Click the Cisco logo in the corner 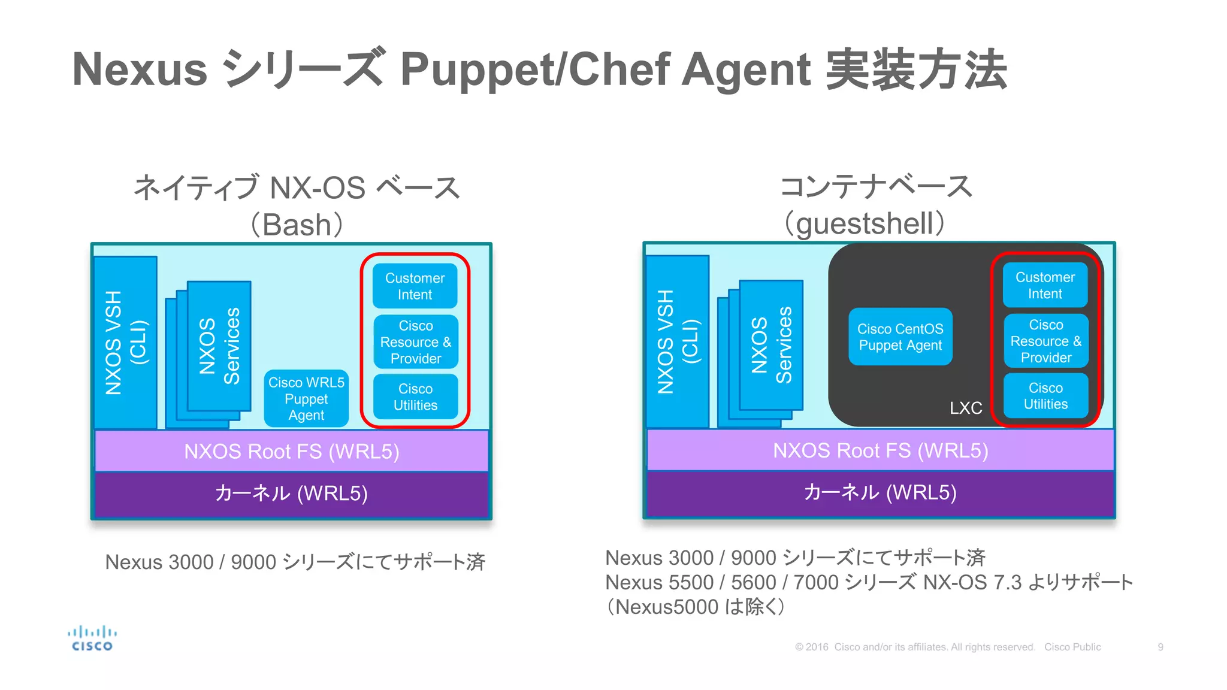(x=92, y=638)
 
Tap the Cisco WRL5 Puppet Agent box (x=306, y=398)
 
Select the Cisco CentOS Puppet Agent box (x=900, y=337)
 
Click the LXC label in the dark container (x=965, y=408)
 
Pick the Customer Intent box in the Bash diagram (x=415, y=286)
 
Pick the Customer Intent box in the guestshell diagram (x=1045, y=285)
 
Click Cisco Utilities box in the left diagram (x=415, y=397)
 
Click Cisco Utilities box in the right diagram (x=1045, y=396)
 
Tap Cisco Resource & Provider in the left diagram (x=415, y=342)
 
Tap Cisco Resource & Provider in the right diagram (x=1045, y=341)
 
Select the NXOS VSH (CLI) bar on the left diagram (x=125, y=343)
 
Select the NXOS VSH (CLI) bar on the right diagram (x=678, y=341)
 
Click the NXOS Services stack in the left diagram (x=218, y=346)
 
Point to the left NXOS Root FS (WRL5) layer (x=291, y=451)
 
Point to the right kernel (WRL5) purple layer (x=880, y=492)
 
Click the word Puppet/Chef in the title (x=534, y=69)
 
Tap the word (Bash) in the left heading (x=297, y=225)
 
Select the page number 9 (x=1160, y=647)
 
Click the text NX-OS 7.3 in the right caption (x=972, y=582)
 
